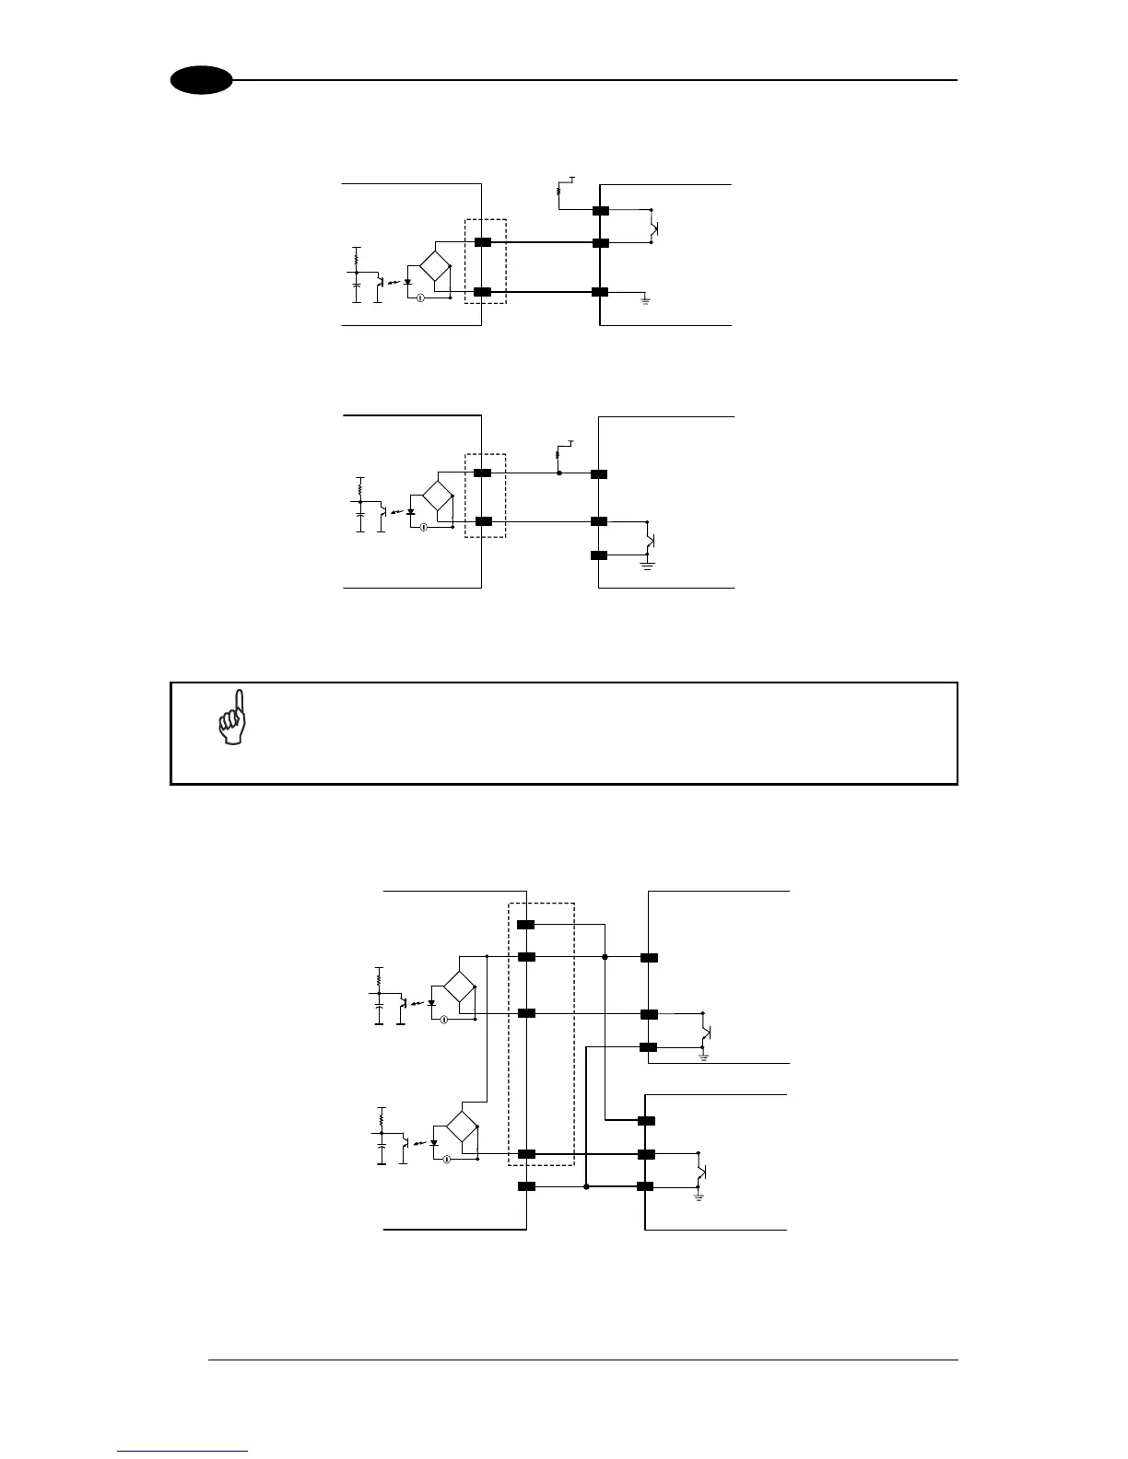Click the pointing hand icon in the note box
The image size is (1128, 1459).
point(231,718)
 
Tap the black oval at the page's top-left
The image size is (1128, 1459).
point(201,80)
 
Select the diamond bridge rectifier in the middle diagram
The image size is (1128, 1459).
point(438,497)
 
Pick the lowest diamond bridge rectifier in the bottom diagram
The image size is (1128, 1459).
point(462,1126)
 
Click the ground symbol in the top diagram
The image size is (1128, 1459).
point(645,299)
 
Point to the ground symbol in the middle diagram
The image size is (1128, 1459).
point(647,564)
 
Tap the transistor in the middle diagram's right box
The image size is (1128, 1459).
point(651,539)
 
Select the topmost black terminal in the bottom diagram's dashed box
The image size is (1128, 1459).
point(526,925)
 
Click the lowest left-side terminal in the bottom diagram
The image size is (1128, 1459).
point(526,1186)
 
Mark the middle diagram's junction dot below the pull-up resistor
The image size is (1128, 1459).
point(558,473)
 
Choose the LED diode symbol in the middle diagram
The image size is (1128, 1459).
point(411,512)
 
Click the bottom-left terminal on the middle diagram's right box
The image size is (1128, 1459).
point(599,555)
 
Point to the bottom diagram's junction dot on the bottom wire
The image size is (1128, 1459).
point(586,1187)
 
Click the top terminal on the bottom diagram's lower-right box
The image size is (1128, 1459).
point(646,1121)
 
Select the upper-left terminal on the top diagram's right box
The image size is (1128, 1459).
point(600,211)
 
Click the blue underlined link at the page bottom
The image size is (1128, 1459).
point(182,1451)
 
